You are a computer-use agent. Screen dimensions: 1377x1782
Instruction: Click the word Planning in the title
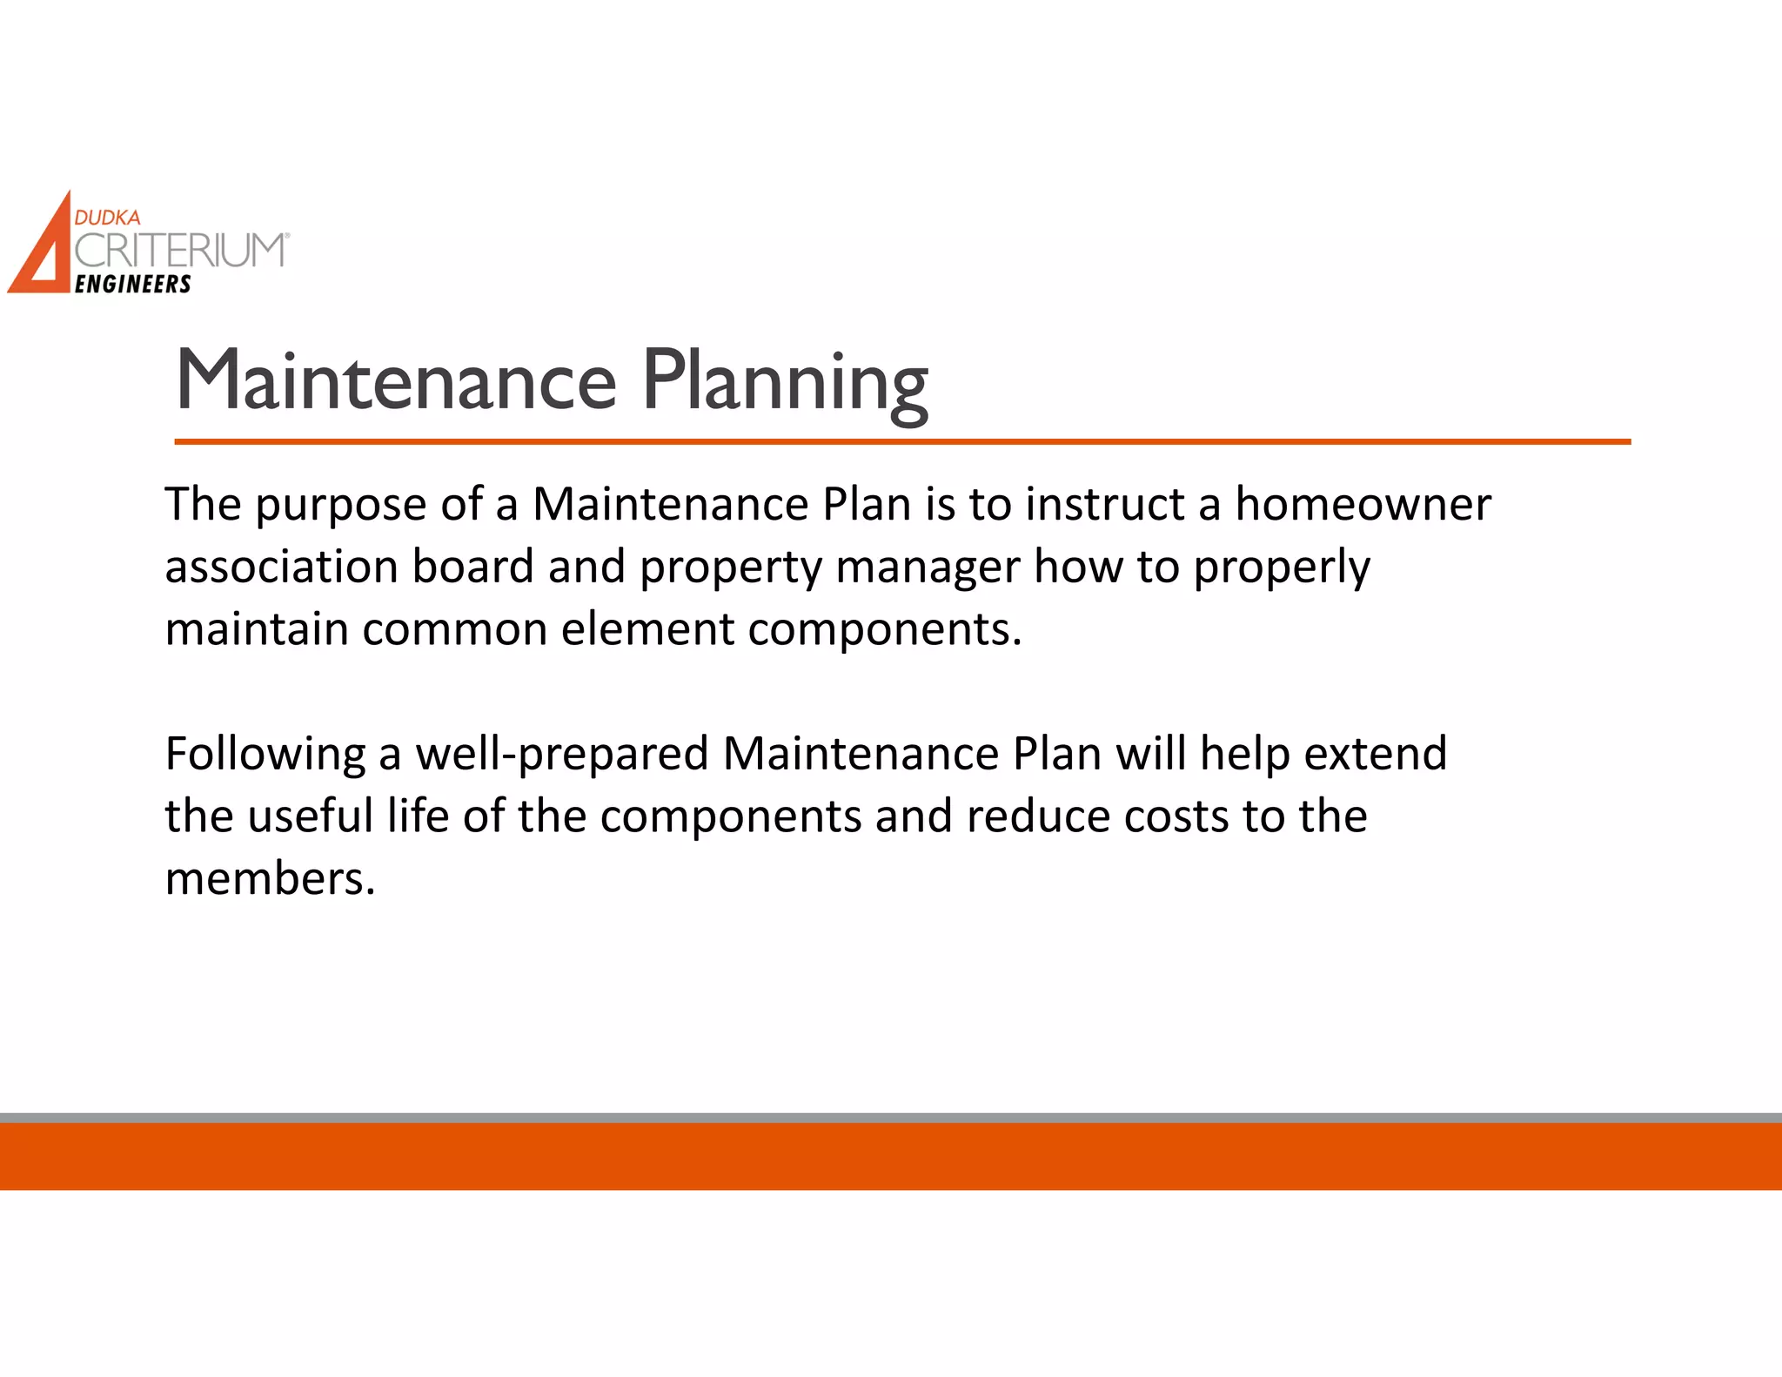point(785,383)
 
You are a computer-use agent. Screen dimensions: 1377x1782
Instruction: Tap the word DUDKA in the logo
point(107,218)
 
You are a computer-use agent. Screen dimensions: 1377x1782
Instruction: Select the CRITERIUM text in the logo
point(179,251)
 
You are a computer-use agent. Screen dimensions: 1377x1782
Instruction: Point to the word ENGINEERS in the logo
point(133,285)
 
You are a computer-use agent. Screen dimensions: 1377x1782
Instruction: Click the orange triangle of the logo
point(39,252)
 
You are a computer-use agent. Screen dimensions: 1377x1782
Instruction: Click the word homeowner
point(1363,505)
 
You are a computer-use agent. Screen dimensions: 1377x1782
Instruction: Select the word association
point(281,568)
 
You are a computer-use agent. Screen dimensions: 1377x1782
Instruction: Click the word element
point(647,629)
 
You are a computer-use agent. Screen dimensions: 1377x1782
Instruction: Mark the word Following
point(265,755)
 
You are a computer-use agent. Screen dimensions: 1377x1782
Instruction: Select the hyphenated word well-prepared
point(562,755)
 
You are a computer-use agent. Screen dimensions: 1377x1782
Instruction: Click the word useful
point(311,816)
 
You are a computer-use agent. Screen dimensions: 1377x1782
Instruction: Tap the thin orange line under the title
point(901,442)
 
